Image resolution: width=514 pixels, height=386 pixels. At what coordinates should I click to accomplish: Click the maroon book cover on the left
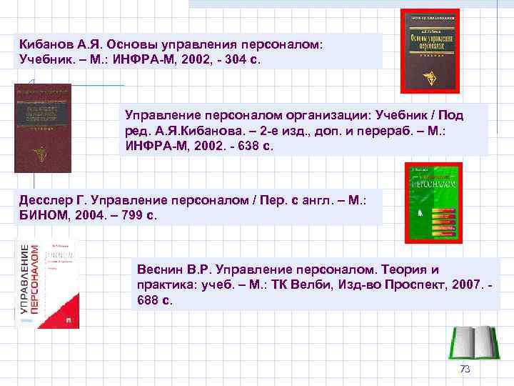coord(43,128)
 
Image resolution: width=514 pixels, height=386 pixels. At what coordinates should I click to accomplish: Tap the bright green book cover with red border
coord(433,202)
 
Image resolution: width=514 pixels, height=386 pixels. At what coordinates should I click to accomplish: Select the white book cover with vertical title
coord(48,284)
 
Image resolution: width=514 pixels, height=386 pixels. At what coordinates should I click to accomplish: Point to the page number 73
coord(465,370)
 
